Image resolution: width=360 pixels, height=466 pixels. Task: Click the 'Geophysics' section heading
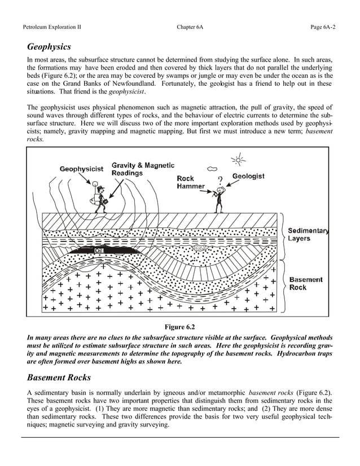click(x=49, y=46)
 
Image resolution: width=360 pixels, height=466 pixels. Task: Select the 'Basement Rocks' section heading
click(x=59, y=377)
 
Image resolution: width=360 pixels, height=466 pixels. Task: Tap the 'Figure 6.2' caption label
click(x=179, y=327)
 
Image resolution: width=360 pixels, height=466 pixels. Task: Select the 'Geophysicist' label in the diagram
click(x=81, y=169)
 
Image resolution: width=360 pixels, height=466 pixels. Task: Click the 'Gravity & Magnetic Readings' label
click(x=142, y=169)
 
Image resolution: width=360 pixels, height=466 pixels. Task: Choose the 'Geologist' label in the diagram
click(x=248, y=177)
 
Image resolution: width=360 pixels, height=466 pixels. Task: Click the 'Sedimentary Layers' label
click(x=308, y=234)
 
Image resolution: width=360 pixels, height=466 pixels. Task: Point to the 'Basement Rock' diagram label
click(x=306, y=283)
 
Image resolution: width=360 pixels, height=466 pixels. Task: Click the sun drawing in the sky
click(x=239, y=160)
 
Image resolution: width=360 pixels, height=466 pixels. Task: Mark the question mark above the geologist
click(x=220, y=181)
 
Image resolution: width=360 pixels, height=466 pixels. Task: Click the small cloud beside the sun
click(x=212, y=168)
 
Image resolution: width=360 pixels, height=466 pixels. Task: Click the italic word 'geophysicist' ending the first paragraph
click(x=127, y=91)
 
